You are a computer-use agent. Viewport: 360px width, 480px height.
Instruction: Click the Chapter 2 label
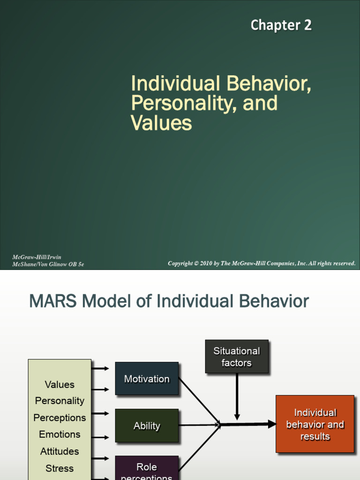[281, 25]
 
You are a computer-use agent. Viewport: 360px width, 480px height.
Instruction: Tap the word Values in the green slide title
[161, 123]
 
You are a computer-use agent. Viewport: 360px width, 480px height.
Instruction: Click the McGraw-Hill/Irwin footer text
[37, 257]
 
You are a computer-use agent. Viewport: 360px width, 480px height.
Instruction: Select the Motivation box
[147, 379]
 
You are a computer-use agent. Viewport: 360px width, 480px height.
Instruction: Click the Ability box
[147, 426]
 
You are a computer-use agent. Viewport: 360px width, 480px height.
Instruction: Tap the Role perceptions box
[147, 469]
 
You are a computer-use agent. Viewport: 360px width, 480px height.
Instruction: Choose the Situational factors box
[237, 357]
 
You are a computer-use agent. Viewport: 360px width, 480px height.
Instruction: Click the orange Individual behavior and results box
[315, 424]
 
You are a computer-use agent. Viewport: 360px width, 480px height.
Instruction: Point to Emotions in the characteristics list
[60, 435]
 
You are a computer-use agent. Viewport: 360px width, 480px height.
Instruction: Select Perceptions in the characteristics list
[60, 418]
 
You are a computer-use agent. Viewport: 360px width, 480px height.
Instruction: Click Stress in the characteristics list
[60, 468]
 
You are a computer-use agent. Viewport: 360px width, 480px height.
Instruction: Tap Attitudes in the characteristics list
[60, 451]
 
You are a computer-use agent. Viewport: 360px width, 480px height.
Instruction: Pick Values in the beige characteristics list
[60, 384]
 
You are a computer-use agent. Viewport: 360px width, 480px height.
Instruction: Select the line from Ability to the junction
[199, 425]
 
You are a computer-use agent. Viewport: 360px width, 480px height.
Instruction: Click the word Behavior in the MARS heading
[279, 301]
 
